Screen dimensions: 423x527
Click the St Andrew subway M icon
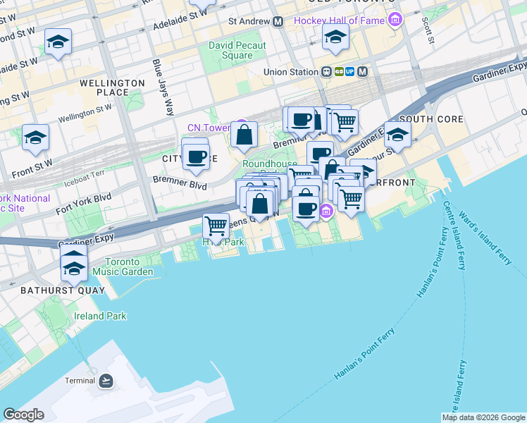click(278, 22)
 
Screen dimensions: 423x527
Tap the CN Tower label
click(209, 128)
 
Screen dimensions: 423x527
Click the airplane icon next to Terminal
click(106, 381)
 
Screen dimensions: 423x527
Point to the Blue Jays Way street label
click(162, 87)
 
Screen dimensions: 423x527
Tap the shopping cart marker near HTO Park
click(216, 226)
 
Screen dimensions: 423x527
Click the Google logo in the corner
click(23, 415)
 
